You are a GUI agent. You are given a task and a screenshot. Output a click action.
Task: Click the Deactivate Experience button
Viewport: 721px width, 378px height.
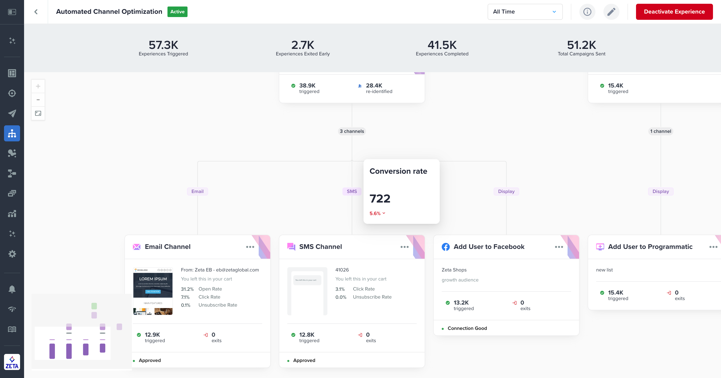point(674,12)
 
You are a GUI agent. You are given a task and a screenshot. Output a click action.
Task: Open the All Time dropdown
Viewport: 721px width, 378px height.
point(525,12)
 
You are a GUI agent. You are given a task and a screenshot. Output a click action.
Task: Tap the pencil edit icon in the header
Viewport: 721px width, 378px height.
point(611,12)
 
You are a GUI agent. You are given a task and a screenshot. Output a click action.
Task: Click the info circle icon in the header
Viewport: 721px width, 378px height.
point(587,12)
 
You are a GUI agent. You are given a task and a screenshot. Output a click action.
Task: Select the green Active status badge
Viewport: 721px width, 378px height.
point(177,12)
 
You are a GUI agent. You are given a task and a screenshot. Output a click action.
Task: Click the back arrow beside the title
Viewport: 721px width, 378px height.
point(36,12)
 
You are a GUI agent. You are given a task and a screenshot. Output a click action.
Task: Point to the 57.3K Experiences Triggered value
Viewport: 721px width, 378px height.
point(163,45)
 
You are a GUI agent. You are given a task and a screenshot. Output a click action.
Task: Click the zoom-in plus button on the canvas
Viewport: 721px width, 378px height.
point(38,86)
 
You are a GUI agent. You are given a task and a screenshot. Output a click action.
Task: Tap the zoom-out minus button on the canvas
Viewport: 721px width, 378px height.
point(38,100)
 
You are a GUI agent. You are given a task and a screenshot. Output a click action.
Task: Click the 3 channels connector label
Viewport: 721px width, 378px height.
point(352,131)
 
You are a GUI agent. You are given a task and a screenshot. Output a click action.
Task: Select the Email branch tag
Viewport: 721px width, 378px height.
point(197,191)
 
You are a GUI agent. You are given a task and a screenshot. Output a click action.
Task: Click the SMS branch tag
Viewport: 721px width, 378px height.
point(351,191)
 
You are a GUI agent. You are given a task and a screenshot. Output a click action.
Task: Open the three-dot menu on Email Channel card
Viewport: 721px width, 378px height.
point(250,247)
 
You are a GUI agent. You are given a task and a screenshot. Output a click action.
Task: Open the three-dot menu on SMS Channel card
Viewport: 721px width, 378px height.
point(404,247)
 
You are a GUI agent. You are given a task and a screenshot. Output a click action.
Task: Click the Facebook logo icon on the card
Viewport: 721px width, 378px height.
point(445,247)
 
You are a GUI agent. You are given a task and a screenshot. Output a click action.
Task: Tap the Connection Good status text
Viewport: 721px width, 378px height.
point(467,328)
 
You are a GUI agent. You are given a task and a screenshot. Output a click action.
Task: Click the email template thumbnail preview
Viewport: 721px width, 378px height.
point(153,291)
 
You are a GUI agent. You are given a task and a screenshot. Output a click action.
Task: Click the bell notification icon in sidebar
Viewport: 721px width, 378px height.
point(12,289)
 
